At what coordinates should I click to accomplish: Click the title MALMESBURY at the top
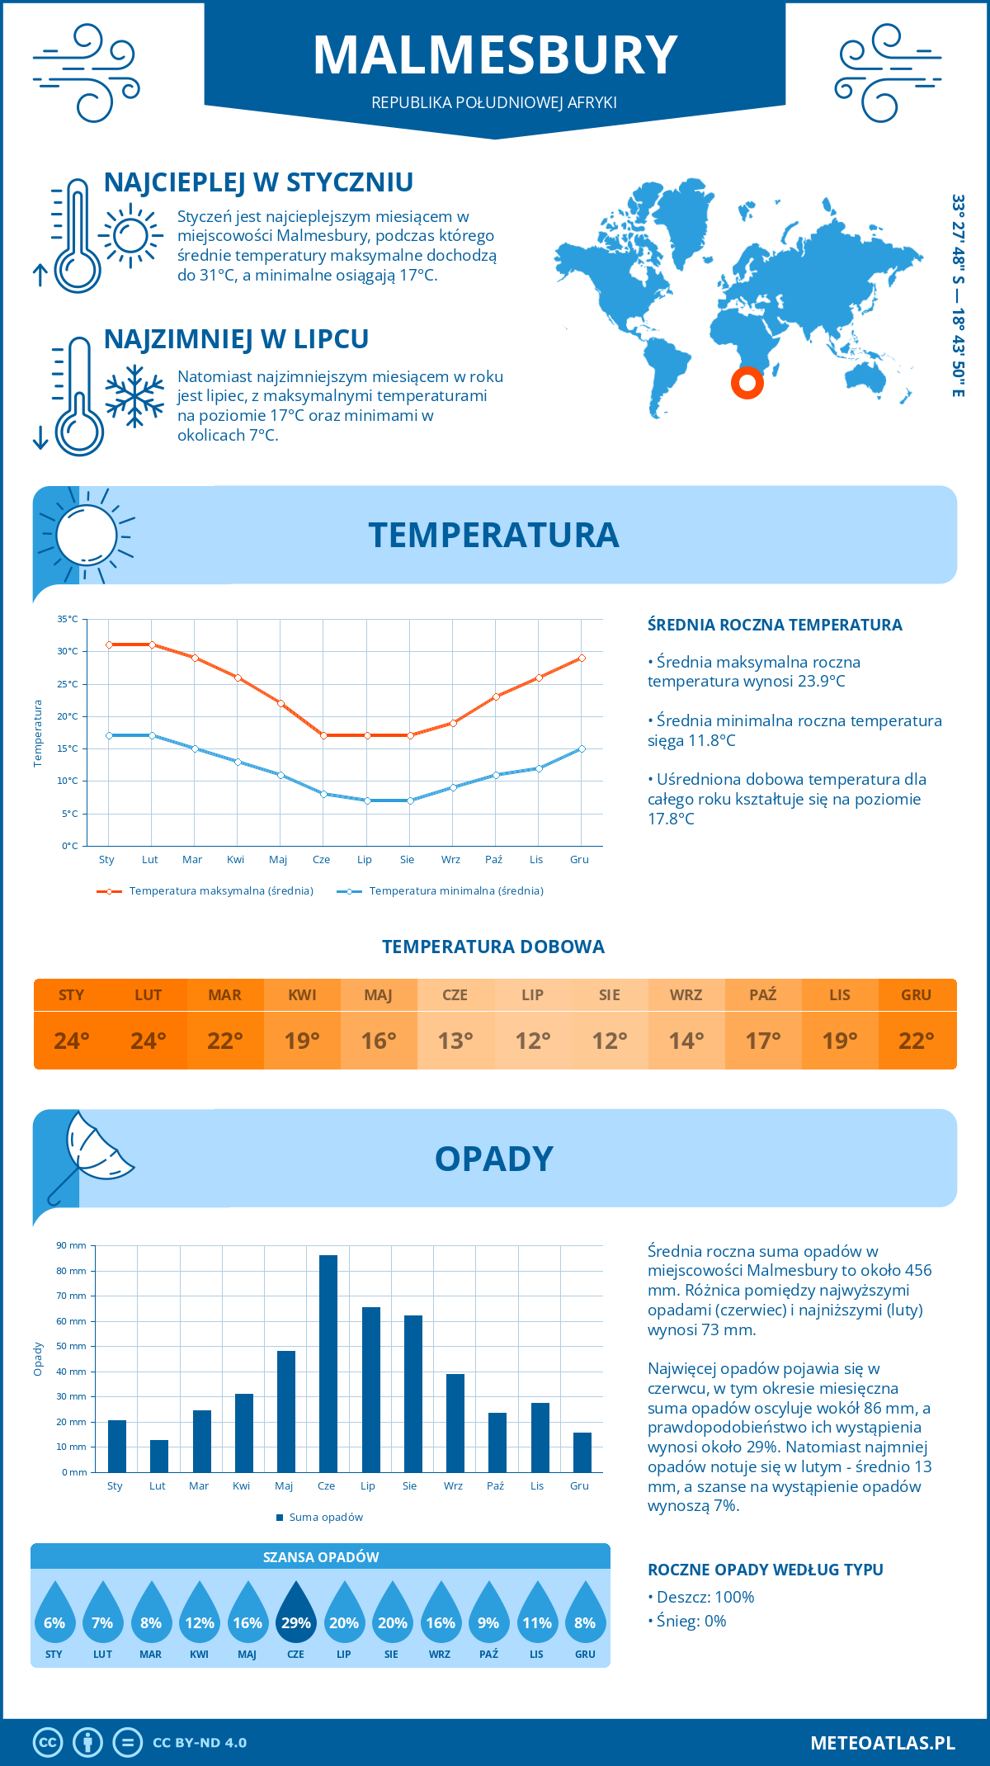[495, 56]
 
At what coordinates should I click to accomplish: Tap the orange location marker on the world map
[747, 383]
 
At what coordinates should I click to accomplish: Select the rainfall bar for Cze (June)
[328, 1363]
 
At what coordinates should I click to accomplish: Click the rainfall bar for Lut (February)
[158, 1456]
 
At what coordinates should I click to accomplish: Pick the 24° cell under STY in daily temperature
[72, 1041]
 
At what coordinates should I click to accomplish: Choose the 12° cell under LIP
[532, 1041]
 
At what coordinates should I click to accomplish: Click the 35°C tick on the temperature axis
[68, 619]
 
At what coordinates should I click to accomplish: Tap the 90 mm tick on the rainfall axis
[72, 1245]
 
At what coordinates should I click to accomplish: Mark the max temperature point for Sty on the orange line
[109, 645]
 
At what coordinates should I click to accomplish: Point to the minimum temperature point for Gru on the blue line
[582, 748]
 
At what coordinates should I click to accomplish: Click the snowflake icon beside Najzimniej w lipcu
[134, 396]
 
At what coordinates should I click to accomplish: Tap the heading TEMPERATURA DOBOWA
[493, 947]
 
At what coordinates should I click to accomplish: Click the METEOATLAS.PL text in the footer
[882, 1743]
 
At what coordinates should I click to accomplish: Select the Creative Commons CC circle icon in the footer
[48, 1743]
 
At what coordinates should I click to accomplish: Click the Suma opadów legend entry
[325, 1517]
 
